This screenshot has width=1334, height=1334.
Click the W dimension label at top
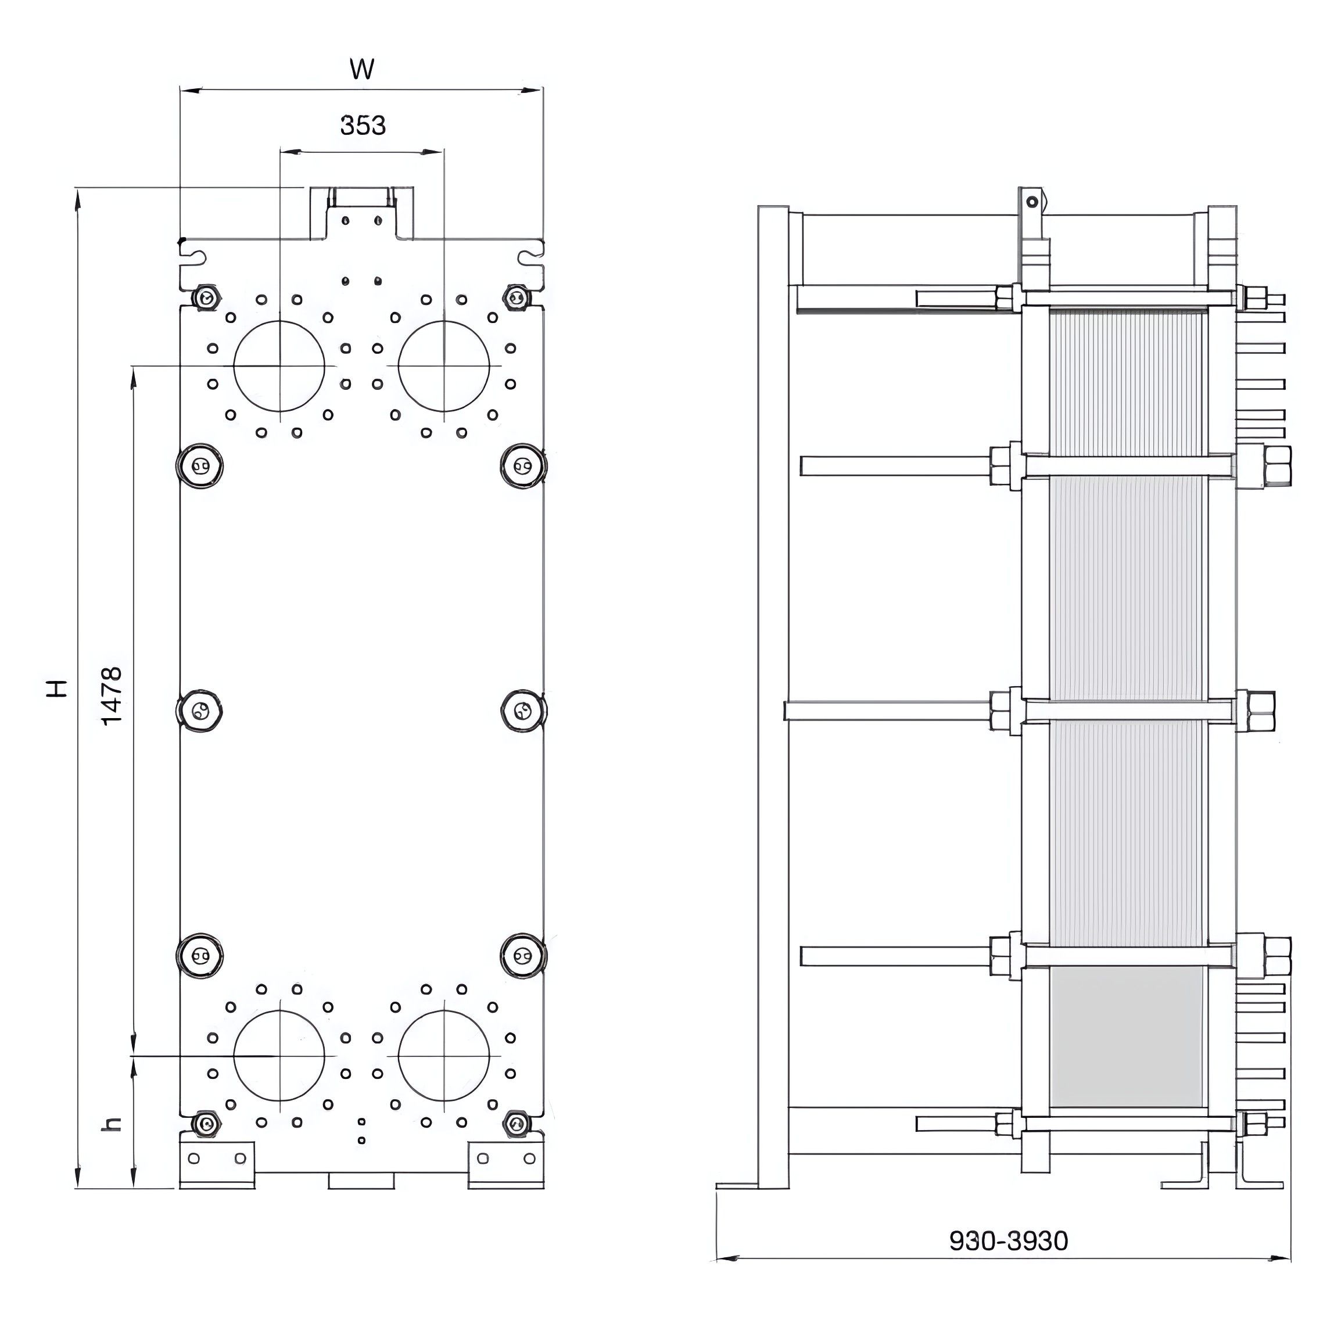362,69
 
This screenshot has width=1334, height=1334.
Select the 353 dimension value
363,125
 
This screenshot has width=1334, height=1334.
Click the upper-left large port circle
234,366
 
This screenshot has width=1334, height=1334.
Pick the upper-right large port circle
399,366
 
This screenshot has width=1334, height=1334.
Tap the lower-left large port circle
234,1056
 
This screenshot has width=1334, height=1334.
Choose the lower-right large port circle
399,1056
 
